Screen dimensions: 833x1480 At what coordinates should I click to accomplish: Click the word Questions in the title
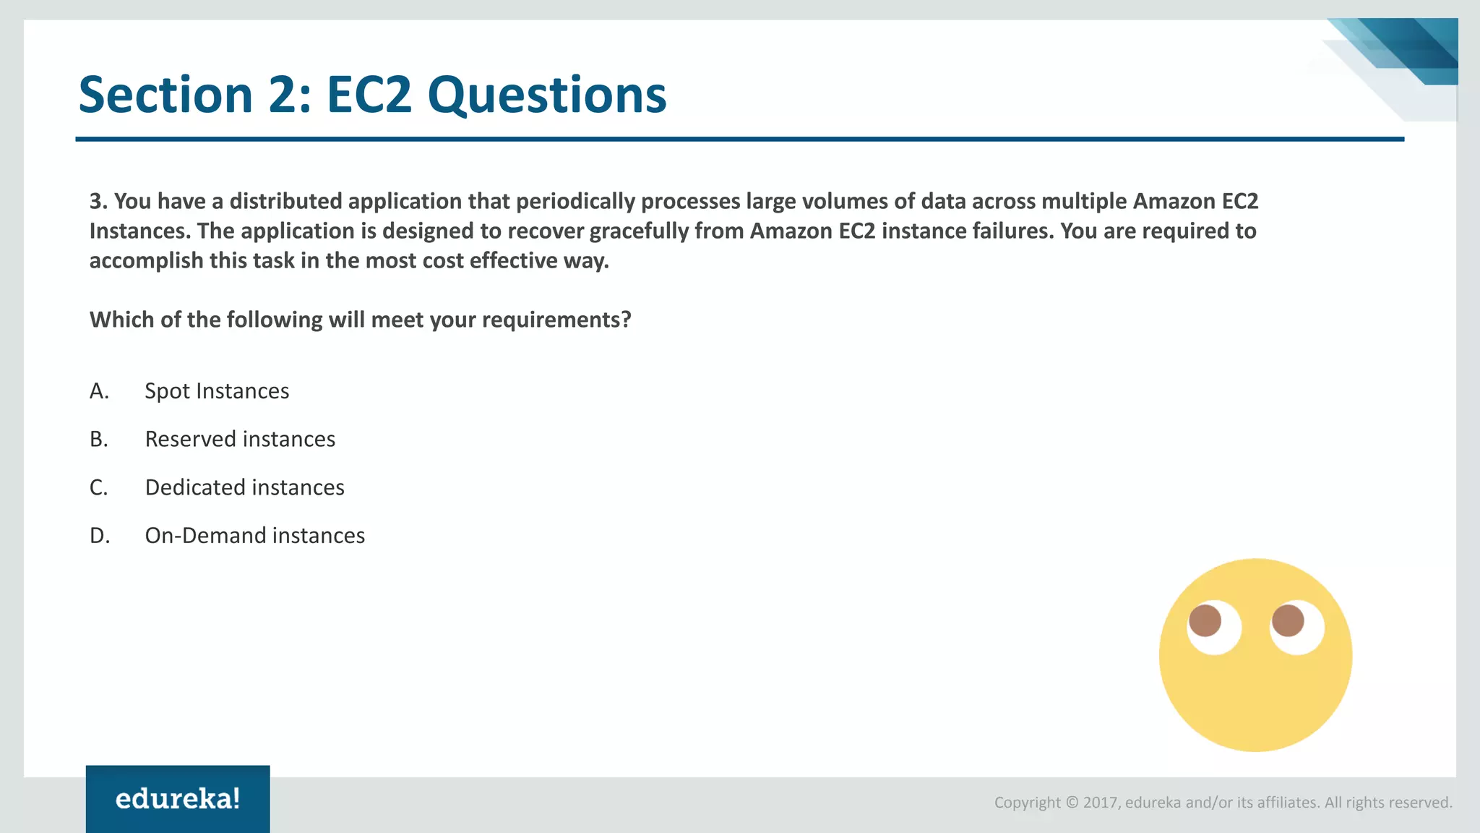tap(546, 95)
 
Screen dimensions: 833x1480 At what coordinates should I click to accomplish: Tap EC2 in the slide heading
tap(369, 95)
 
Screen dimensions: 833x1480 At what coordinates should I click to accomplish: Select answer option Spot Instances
tap(217, 391)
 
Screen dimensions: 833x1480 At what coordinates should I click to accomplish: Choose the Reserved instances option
tap(240, 440)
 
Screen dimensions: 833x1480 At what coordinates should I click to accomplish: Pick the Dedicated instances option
tap(244, 487)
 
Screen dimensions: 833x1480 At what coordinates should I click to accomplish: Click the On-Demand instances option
tap(254, 536)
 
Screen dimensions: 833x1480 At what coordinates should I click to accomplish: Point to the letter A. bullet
tap(99, 391)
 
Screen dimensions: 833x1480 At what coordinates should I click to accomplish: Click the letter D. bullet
tap(100, 536)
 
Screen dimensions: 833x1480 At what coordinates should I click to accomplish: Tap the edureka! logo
tap(178, 799)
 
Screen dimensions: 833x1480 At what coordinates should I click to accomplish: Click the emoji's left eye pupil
tap(1205, 620)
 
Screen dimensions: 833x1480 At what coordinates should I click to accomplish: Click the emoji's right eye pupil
tap(1288, 620)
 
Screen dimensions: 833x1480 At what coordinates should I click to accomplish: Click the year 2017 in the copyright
tap(1101, 803)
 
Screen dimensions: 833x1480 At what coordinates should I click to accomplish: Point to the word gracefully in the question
tap(639, 231)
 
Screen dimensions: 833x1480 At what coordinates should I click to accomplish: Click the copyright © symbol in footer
tap(1072, 803)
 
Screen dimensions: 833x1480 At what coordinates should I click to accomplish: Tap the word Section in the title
tap(165, 95)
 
